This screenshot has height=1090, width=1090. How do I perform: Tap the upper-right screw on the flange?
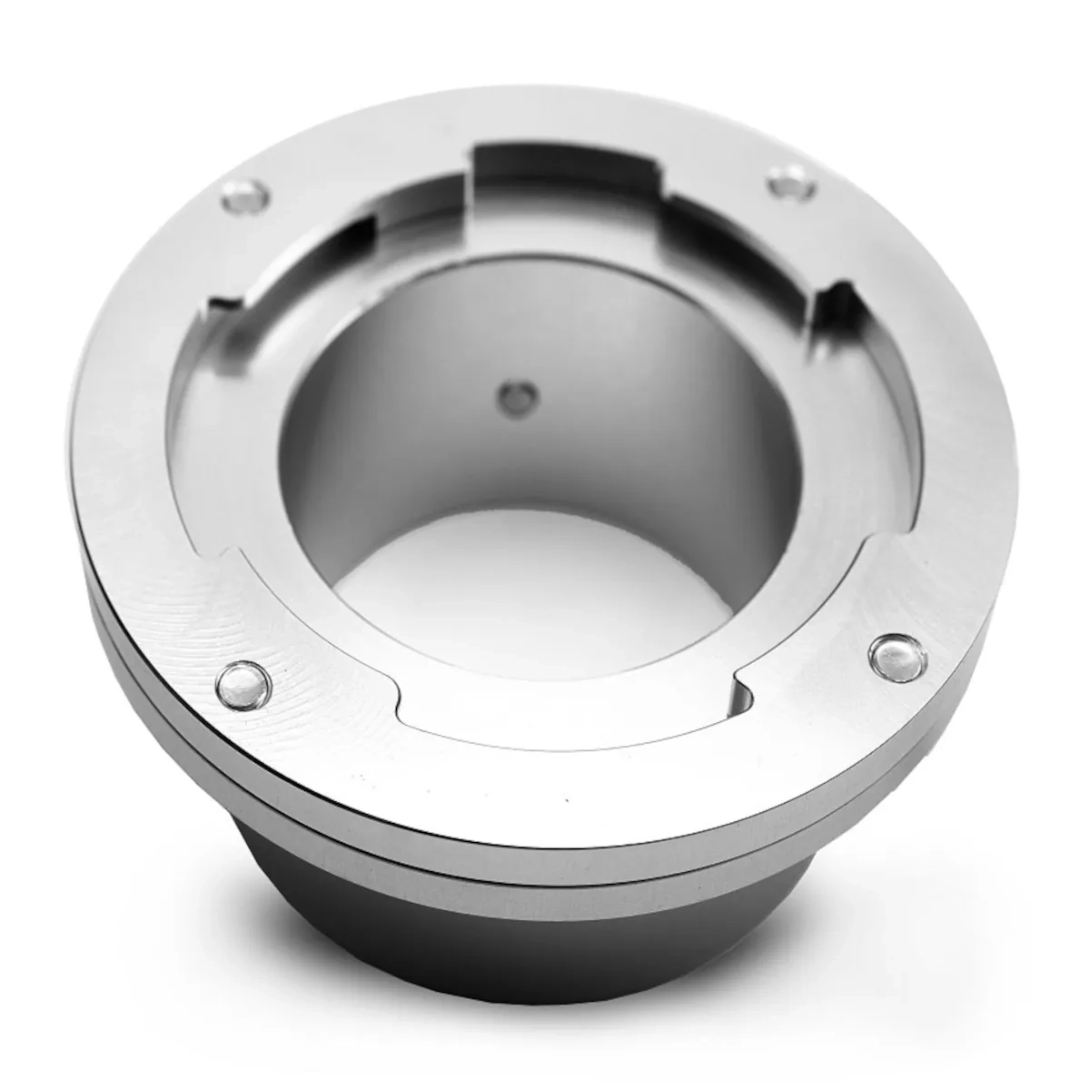pyautogui.click(x=788, y=180)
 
